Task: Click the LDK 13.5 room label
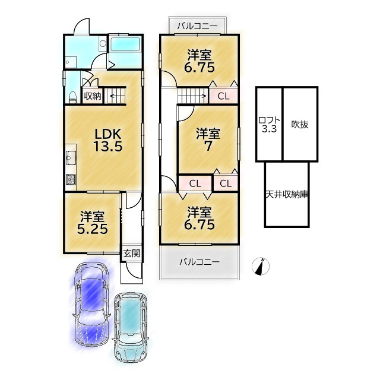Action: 108,140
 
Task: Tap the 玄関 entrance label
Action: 132,254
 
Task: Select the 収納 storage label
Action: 93,96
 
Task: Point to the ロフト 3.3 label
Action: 269,124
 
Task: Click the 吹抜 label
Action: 300,124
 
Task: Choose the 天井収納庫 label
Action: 287,195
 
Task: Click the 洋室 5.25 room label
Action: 93,223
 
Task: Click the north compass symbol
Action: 261,267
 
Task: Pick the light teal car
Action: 131,328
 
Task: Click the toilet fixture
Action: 72,97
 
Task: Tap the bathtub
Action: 125,44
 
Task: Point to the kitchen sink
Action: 71,157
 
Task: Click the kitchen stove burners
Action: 71,179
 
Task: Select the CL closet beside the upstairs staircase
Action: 223,96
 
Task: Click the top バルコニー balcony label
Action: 197,26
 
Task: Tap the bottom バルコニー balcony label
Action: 199,262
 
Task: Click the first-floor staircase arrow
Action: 116,96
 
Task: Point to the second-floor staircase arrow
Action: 193,96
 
